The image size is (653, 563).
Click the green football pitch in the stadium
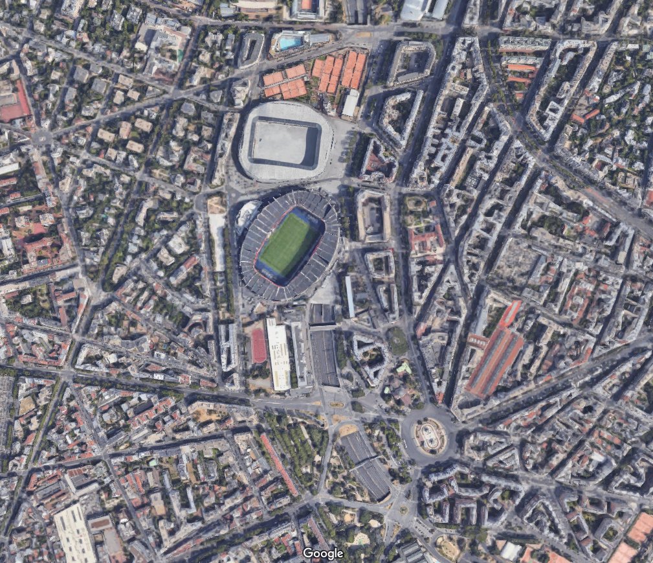pos(288,244)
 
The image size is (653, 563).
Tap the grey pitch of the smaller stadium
pos(285,143)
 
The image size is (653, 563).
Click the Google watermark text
pos(322,553)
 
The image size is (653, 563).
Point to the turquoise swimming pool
pos(289,43)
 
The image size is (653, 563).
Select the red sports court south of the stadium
pos(259,345)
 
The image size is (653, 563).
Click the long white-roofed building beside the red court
pos(278,356)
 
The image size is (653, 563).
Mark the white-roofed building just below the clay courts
pos(350,104)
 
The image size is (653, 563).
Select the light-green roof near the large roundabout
pos(404,368)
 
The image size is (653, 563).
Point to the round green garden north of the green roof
pos(397,341)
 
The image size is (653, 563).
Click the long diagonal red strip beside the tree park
pos(279,464)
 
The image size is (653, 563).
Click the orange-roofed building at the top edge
pos(306,5)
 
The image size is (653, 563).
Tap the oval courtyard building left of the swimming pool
pos(251,49)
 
